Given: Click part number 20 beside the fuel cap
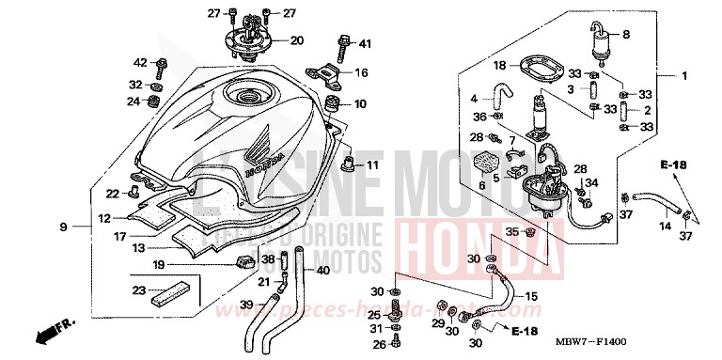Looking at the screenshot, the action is [x=297, y=40].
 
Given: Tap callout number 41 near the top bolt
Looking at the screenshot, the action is [x=365, y=43].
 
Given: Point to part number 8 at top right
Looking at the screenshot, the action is [x=625, y=35].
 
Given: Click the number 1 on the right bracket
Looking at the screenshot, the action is [x=685, y=76].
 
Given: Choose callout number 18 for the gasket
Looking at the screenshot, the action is [x=500, y=66].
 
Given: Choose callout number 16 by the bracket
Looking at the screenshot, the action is [x=361, y=72].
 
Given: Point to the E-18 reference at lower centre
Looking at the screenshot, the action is [x=526, y=332].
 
